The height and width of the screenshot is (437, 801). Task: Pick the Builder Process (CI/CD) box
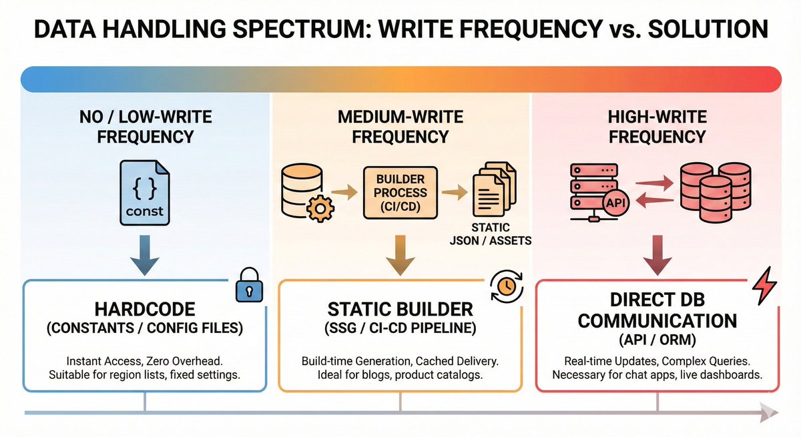(400, 193)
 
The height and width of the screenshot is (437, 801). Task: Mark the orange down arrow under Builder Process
(400, 255)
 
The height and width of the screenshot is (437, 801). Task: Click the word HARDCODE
(144, 310)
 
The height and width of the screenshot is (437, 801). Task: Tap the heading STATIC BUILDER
(400, 310)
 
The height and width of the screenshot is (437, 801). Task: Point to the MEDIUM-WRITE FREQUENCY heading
(400, 127)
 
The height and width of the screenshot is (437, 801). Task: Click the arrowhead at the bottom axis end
(767, 414)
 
